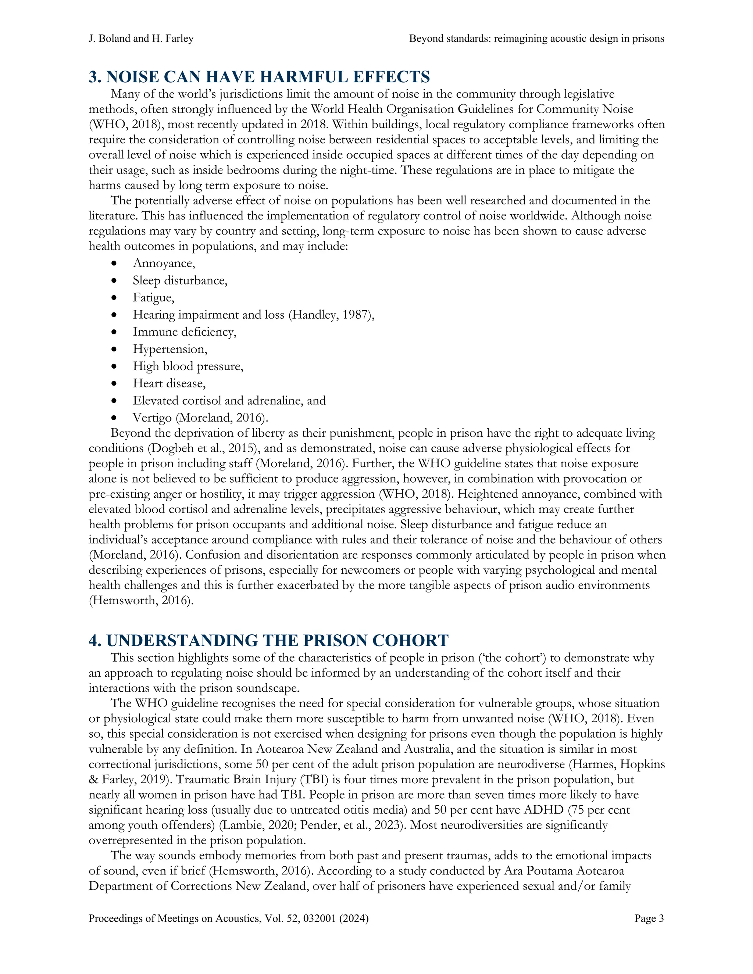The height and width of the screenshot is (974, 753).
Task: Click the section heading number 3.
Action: [94, 77]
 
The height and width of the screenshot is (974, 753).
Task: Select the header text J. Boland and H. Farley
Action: [141, 39]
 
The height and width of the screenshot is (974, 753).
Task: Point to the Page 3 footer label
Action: [649, 918]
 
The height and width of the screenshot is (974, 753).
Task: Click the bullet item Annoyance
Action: [163, 263]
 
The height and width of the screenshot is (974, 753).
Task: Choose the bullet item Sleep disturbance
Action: [180, 280]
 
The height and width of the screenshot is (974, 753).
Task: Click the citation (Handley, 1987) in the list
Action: [330, 315]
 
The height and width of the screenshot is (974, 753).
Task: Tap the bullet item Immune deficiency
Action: [184, 332]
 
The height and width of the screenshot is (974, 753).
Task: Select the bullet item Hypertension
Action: [169, 349]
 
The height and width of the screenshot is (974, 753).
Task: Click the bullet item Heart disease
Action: [169, 383]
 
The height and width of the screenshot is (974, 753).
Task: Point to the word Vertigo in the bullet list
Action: [152, 418]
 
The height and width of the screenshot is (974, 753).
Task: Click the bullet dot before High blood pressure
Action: [115, 366]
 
